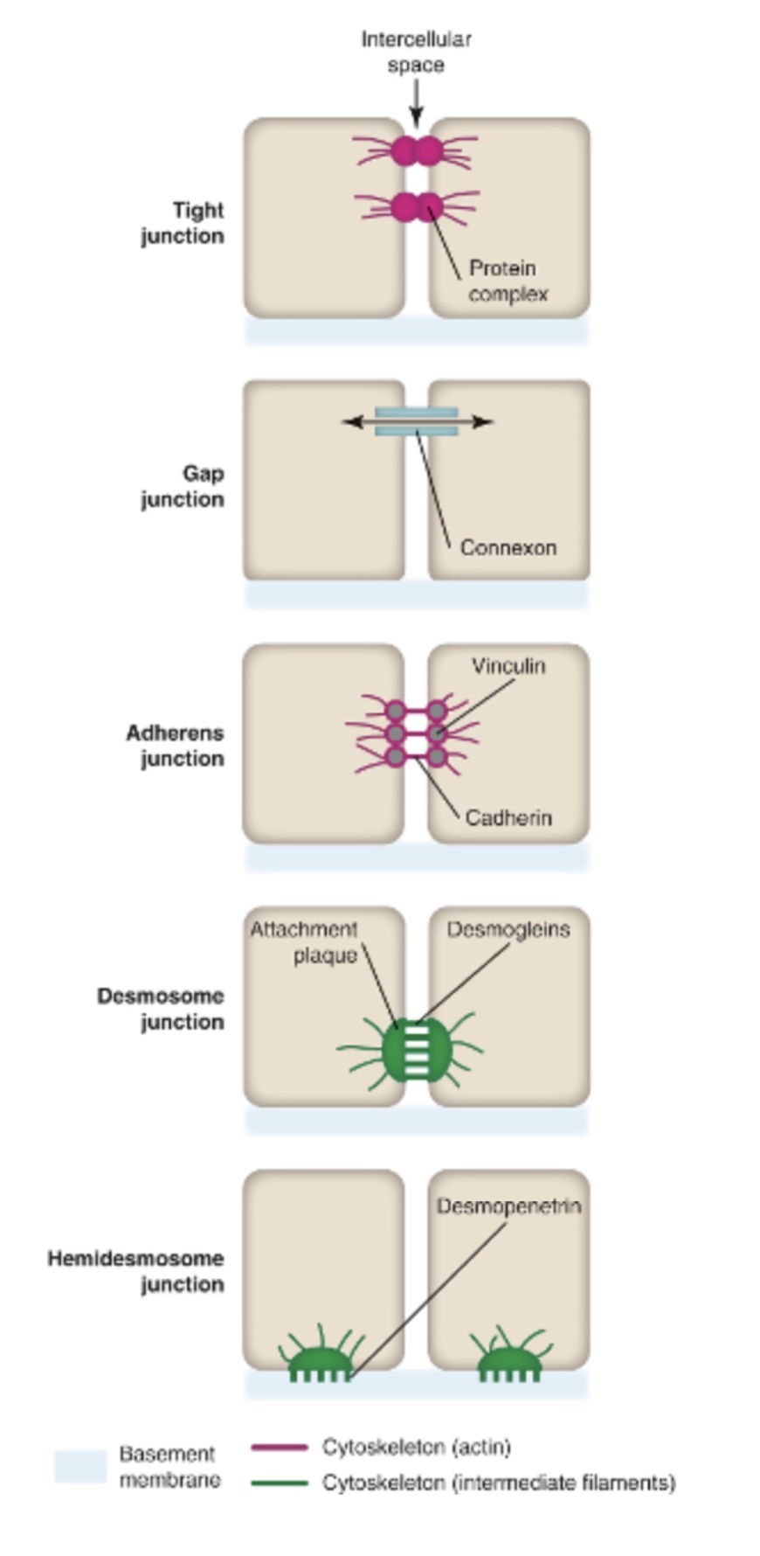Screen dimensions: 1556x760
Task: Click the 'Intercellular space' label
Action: coord(416,52)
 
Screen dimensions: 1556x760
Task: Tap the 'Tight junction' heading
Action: coord(183,223)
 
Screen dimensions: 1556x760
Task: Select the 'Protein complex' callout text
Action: coord(507,281)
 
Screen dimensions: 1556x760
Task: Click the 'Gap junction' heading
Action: coord(183,486)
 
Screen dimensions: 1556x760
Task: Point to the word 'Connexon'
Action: coord(508,548)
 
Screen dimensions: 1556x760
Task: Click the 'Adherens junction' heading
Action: coord(175,746)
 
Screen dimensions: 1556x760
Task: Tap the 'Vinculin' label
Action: coord(508,666)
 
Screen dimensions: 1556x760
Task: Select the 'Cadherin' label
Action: coord(508,818)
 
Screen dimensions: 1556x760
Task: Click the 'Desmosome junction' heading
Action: coord(161,1009)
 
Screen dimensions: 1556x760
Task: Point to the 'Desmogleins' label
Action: coord(508,929)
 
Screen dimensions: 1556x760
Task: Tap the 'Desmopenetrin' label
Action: coord(508,1206)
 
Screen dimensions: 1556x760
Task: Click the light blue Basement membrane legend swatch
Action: coord(80,1466)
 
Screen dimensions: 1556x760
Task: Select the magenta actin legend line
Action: coord(279,1448)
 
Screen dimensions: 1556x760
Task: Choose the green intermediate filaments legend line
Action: coord(279,1483)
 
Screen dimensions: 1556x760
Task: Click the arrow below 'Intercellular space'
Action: coord(417,103)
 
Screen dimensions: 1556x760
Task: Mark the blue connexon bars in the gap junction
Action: coord(417,421)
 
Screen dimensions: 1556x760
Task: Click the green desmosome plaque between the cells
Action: coord(417,1049)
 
